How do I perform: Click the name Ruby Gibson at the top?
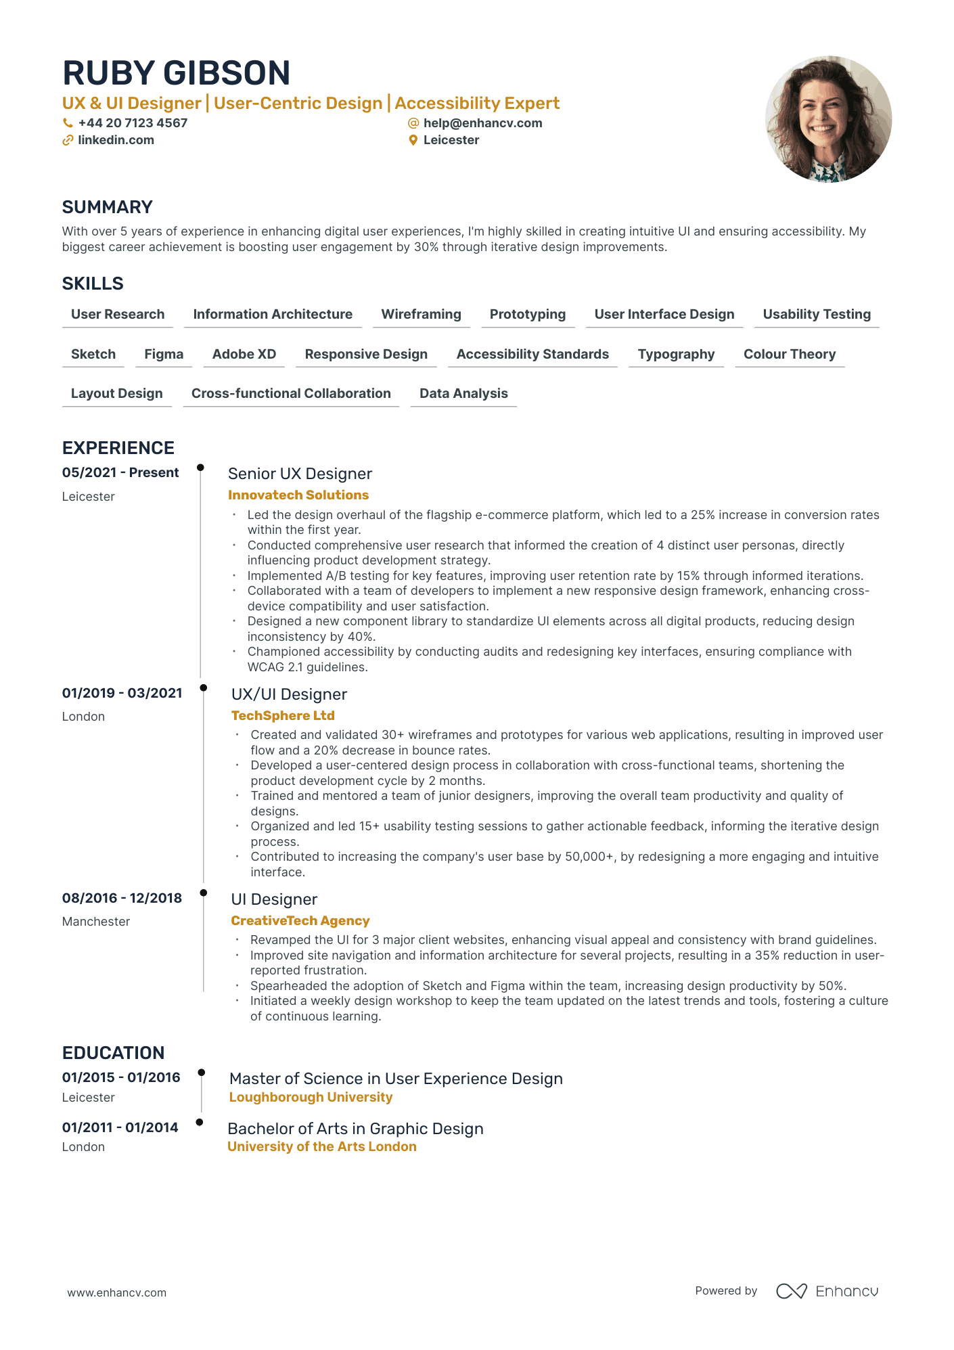pyautogui.click(x=176, y=73)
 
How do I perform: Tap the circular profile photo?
pyautogui.click(x=828, y=119)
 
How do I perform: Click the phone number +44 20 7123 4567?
pyautogui.click(x=133, y=123)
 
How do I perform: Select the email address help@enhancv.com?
pyautogui.click(x=482, y=123)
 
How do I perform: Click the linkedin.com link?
pyautogui.click(x=116, y=140)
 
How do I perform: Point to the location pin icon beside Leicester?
pyautogui.click(x=413, y=140)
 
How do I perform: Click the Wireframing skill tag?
pyautogui.click(x=421, y=315)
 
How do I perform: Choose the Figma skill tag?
pyautogui.click(x=164, y=355)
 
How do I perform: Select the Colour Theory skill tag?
pyautogui.click(x=789, y=355)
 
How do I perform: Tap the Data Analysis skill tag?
pyautogui.click(x=463, y=394)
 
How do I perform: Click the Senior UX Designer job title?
pyautogui.click(x=300, y=474)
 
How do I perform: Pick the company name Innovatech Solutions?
pyautogui.click(x=298, y=495)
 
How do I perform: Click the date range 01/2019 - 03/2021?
pyautogui.click(x=122, y=693)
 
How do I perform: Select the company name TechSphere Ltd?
pyautogui.click(x=283, y=716)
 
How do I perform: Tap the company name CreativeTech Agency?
pyautogui.click(x=300, y=921)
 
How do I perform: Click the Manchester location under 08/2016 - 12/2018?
pyautogui.click(x=96, y=922)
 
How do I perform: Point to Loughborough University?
pyautogui.click(x=311, y=1098)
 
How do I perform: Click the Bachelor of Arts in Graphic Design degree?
pyautogui.click(x=355, y=1129)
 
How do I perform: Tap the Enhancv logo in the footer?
pyautogui.click(x=827, y=1291)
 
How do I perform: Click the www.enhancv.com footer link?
pyautogui.click(x=116, y=1293)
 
